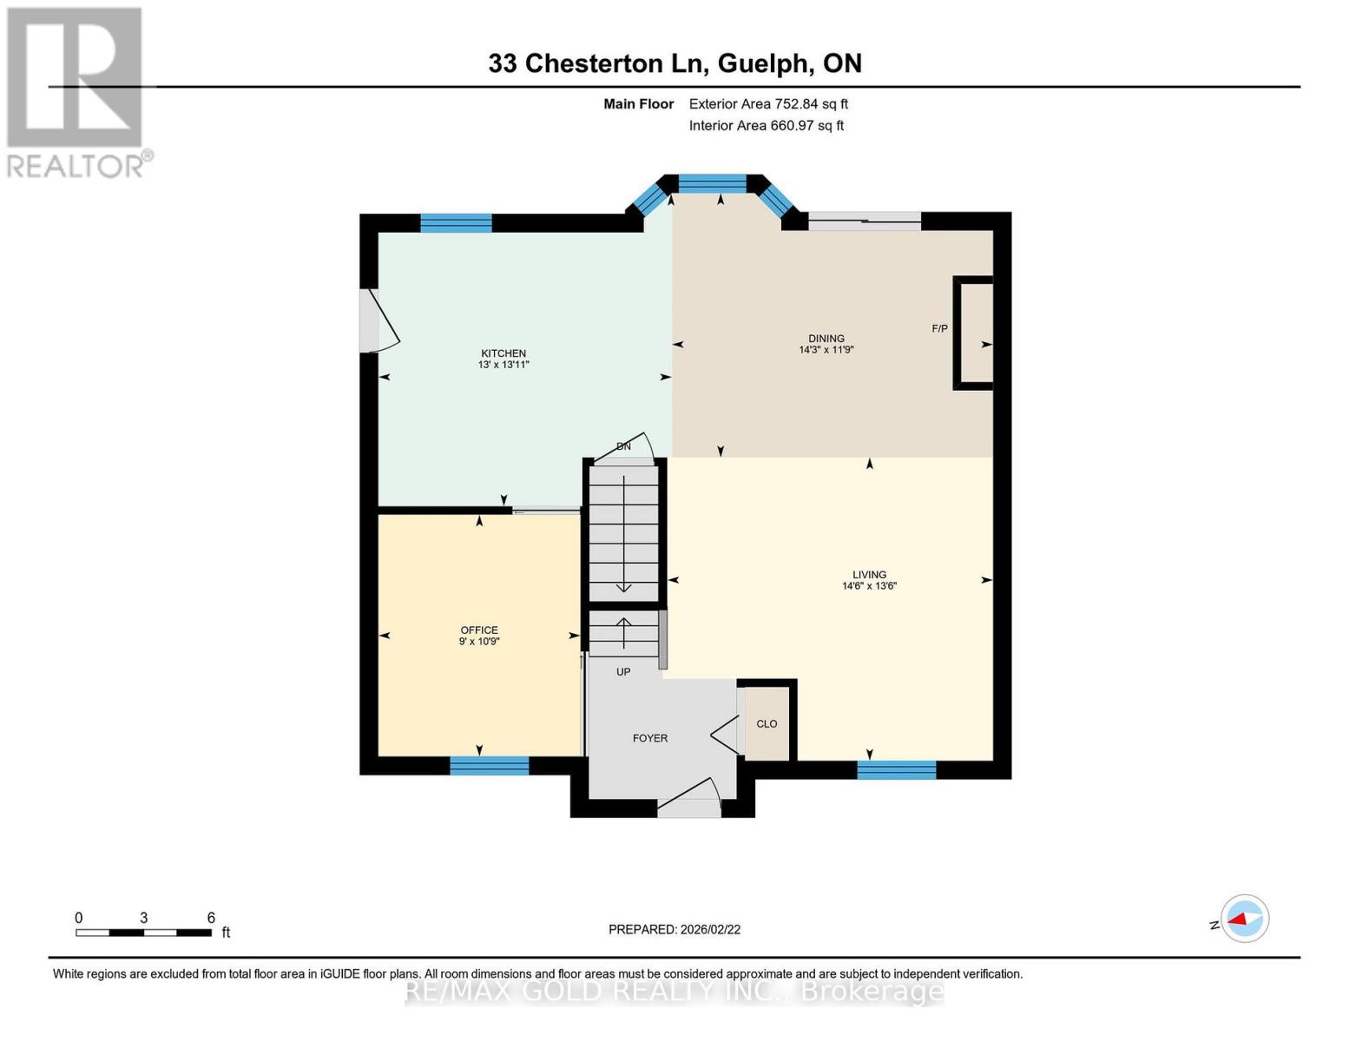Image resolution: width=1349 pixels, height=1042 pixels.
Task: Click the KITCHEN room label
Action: (x=503, y=359)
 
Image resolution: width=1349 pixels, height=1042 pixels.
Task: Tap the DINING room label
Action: (x=826, y=344)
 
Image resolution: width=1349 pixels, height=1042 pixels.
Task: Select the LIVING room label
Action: (x=869, y=580)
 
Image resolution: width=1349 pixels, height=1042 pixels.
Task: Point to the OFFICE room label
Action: (x=479, y=636)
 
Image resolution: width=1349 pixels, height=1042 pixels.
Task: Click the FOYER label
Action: (x=649, y=738)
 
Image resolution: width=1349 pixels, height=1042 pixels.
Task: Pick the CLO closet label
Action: (x=767, y=723)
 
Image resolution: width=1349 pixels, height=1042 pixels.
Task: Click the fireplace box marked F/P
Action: (x=974, y=333)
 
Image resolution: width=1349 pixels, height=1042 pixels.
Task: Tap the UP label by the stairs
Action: (x=623, y=672)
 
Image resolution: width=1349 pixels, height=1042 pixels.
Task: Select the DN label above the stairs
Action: (x=623, y=446)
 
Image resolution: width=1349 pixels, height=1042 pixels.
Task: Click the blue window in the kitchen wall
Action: (x=456, y=223)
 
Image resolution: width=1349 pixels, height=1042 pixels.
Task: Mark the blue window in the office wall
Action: (x=489, y=766)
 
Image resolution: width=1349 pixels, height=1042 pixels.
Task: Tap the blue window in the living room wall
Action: (x=896, y=769)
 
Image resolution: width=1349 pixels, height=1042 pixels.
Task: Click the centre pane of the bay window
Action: (x=712, y=183)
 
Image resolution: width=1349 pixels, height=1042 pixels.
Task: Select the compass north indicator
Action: (x=1244, y=919)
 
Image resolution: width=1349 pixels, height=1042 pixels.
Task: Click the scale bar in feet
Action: (x=143, y=933)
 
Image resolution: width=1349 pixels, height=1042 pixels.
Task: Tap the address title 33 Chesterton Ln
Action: (x=674, y=63)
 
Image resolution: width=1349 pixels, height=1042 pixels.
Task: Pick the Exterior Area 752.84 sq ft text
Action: (x=768, y=104)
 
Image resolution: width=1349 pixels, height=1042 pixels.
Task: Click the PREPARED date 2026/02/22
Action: (x=674, y=929)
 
